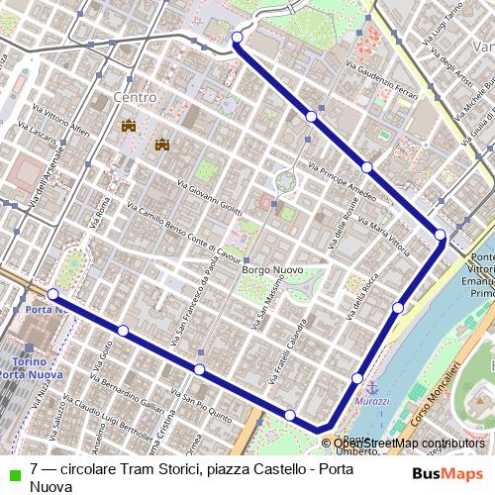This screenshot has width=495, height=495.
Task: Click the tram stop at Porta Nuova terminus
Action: click(51, 294)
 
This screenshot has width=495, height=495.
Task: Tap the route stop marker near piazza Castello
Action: click(238, 39)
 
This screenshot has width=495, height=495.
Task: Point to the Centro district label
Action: click(136, 98)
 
